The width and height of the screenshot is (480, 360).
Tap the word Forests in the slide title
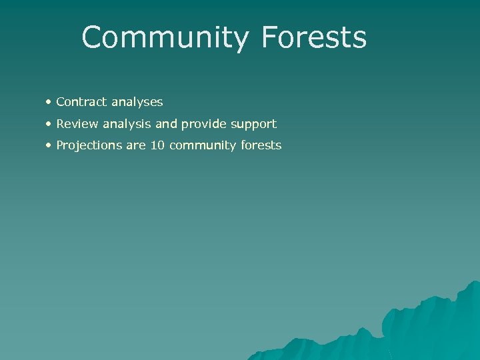pos(314,38)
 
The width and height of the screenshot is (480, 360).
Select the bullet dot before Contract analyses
pos(49,102)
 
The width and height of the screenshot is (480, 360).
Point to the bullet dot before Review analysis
pos(49,124)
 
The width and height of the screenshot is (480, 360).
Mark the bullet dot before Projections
pos(49,145)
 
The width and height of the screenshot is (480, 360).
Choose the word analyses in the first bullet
pos(137,103)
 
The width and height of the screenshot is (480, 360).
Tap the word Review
pos(77,124)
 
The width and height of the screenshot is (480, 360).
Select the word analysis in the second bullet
pos(127,125)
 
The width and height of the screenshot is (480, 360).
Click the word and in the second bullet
pos(166,124)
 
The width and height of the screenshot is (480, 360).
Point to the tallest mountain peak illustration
pos(471,293)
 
